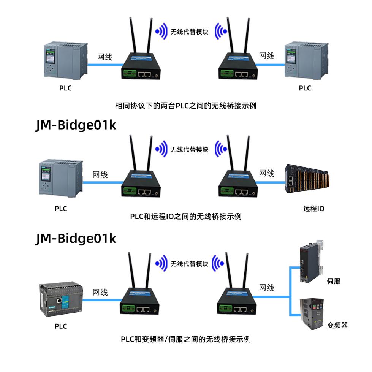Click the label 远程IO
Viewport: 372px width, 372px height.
(313, 209)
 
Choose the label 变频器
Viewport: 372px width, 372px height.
(337, 325)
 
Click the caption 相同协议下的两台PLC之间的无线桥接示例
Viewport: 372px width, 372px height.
(185, 106)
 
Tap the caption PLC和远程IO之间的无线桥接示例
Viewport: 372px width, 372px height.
(185, 217)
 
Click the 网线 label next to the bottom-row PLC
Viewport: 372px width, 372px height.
(100, 292)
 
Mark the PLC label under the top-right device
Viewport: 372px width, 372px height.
(305, 88)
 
